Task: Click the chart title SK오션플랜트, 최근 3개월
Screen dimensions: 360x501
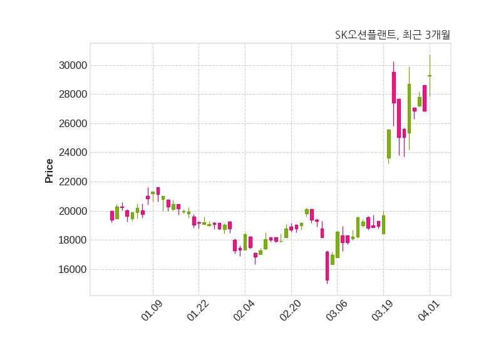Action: pos(393,35)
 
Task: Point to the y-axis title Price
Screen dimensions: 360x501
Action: pos(49,171)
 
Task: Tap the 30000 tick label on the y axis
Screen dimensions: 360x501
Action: pos(69,65)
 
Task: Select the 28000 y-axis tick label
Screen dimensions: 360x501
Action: pos(69,95)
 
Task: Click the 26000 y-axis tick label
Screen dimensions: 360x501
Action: pos(69,123)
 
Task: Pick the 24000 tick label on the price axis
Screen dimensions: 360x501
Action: pos(69,153)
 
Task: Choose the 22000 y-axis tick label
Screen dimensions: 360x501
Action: pos(69,182)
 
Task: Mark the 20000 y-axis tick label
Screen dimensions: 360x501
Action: pos(69,211)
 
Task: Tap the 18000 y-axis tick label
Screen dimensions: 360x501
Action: pos(69,240)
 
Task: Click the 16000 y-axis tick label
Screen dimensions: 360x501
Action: pos(69,270)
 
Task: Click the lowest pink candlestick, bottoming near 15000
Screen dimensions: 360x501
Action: pos(327,266)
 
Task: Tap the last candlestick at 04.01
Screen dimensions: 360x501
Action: pos(430,76)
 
